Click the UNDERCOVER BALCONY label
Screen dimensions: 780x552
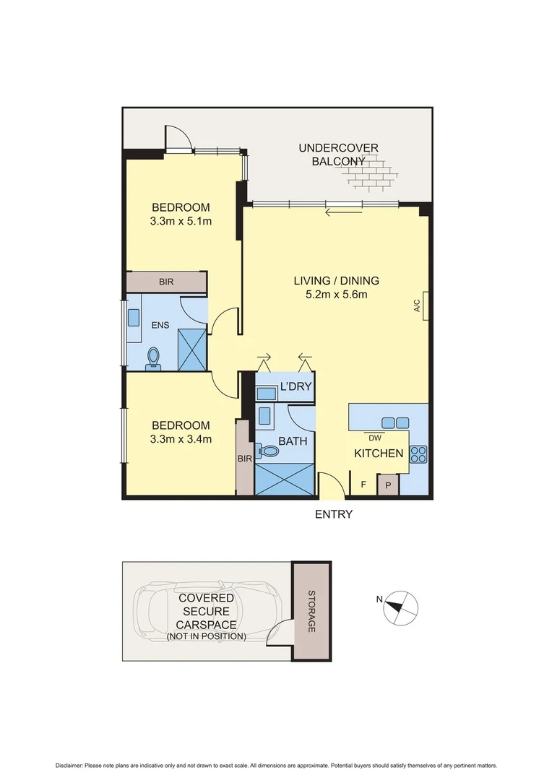pyautogui.click(x=338, y=155)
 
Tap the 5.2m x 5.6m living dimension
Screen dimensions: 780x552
pyautogui.click(x=336, y=294)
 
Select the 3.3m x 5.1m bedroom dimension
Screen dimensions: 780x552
pyautogui.click(x=181, y=221)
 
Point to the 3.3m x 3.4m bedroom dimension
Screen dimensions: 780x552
pyautogui.click(x=181, y=438)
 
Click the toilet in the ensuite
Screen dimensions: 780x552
pyautogui.click(x=153, y=357)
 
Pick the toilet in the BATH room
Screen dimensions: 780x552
pyautogui.click(x=270, y=451)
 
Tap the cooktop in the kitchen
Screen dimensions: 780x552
pyautogui.click(x=418, y=455)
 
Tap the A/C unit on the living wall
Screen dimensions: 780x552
pyautogui.click(x=427, y=305)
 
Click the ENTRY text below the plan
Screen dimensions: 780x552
pyautogui.click(x=333, y=514)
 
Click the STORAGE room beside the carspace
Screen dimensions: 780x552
pyautogui.click(x=312, y=610)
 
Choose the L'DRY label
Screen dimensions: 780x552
pyautogui.click(x=295, y=387)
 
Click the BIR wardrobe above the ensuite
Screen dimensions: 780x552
pyautogui.click(x=167, y=282)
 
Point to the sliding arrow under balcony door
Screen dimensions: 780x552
pyautogui.click(x=343, y=212)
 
